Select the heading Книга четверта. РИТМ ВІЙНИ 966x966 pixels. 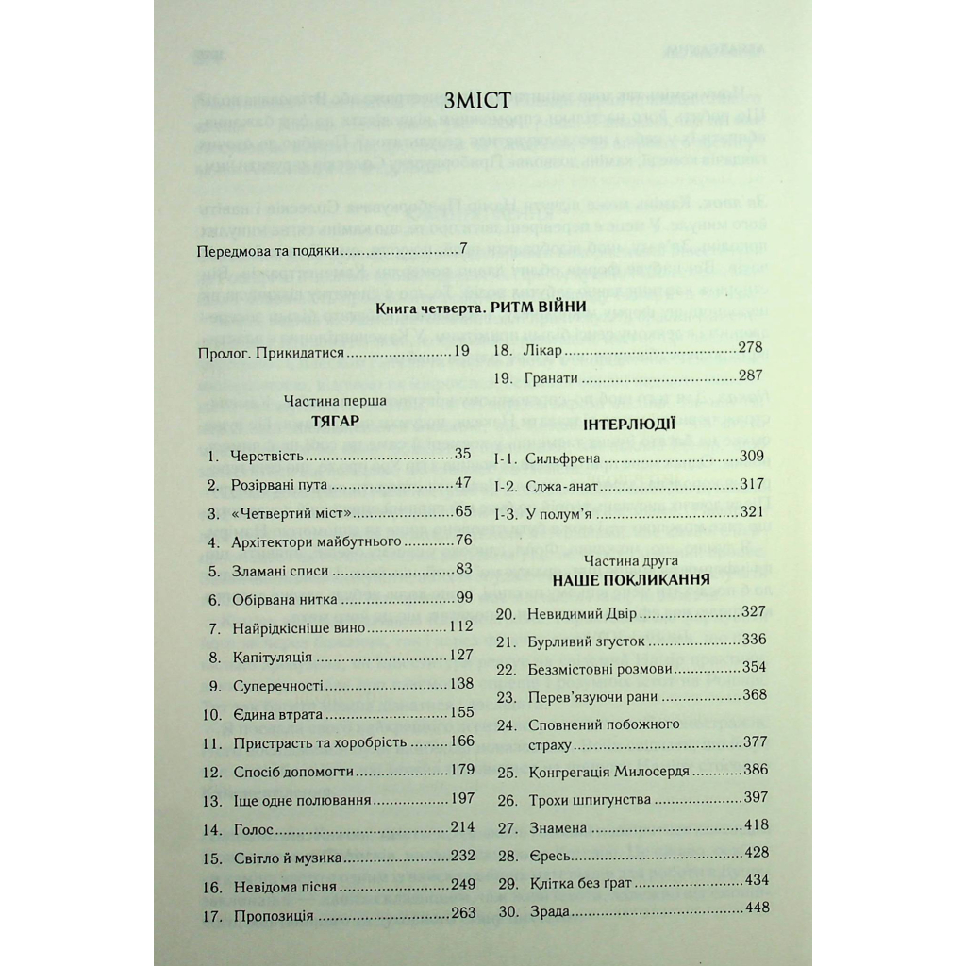click(481, 308)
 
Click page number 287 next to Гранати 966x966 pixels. click(750, 377)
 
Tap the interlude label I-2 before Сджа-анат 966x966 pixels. click(506, 487)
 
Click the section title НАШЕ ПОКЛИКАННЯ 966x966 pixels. click(631, 579)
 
